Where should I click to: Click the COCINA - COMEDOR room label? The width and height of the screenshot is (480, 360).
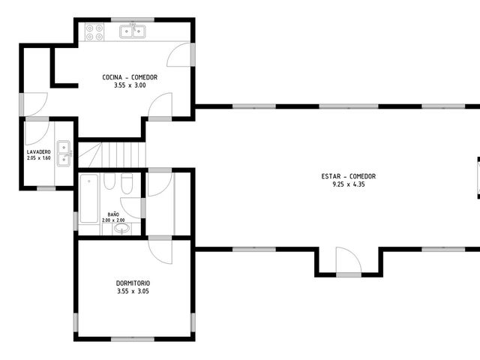(x=130, y=77)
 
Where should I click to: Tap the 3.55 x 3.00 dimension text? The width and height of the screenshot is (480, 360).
(x=130, y=85)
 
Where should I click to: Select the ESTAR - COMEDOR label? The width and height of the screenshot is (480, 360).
(x=348, y=176)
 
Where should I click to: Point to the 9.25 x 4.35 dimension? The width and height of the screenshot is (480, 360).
(x=348, y=184)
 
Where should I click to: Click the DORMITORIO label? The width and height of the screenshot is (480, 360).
(x=133, y=283)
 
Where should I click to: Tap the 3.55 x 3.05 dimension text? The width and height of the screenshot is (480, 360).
(x=133, y=292)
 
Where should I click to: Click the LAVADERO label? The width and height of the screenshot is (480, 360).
(x=38, y=151)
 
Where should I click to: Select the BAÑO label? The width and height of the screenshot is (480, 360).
(x=113, y=214)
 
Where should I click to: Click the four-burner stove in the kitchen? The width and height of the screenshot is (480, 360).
(x=94, y=32)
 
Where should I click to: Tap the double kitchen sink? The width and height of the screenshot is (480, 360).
(x=132, y=31)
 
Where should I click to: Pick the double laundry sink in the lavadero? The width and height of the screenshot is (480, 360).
(x=64, y=153)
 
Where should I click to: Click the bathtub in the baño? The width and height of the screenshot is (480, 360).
(x=89, y=198)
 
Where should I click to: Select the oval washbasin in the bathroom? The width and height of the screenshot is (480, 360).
(x=121, y=228)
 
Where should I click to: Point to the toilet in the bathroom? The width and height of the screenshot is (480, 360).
(x=127, y=184)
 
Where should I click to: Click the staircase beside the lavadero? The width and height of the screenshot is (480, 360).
(x=112, y=155)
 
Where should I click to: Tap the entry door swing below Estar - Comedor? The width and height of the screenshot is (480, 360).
(x=349, y=260)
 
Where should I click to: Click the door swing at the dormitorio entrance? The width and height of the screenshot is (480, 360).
(x=160, y=252)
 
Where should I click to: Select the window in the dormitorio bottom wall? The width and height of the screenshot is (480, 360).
(x=133, y=339)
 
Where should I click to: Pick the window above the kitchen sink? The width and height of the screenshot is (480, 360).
(x=133, y=20)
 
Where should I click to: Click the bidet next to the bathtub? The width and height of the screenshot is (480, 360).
(x=109, y=181)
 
